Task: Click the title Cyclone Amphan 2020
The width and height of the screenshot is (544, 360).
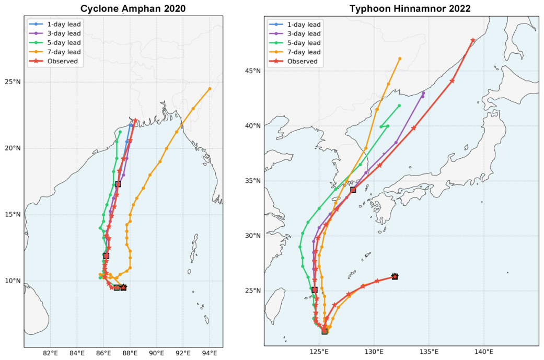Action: click(x=133, y=8)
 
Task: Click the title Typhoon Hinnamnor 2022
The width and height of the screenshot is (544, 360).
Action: click(x=410, y=8)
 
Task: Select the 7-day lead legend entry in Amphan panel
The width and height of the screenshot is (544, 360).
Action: click(x=55, y=52)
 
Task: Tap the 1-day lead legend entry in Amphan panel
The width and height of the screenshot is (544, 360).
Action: click(x=55, y=24)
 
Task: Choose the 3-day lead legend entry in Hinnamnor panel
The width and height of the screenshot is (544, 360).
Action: click(x=295, y=33)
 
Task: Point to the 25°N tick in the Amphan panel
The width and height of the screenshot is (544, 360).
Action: click(x=13, y=82)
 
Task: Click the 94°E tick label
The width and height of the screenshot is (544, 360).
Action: click(x=210, y=353)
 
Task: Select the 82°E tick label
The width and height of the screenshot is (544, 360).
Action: click(x=50, y=353)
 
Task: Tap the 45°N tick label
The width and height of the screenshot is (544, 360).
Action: click(x=252, y=71)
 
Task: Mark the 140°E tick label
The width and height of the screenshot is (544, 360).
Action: click(x=484, y=352)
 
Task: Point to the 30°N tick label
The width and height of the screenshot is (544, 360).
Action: click(x=252, y=236)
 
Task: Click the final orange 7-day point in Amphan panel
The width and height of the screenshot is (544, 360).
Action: click(x=210, y=89)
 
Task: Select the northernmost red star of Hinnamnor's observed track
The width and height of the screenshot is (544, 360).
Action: click(x=472, y=40)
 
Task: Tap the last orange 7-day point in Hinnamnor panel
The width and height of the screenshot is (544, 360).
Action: click(x=400, y=59)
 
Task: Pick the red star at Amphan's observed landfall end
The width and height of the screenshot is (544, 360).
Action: click(x=135, y=120)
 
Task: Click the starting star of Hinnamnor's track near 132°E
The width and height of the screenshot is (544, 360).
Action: click(x=395, y=276)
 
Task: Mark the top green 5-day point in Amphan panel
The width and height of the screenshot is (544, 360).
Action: click(x=120, y=132)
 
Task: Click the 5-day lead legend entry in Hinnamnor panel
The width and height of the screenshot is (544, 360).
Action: click(x=295, y=43)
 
